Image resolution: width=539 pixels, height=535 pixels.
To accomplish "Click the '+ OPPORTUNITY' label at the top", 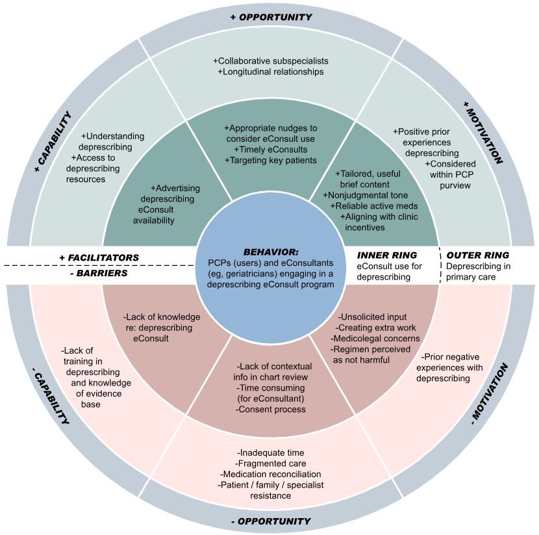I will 271,17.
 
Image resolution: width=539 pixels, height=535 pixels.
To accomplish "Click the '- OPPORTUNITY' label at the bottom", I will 270,521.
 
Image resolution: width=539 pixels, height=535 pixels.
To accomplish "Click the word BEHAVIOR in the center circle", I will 269,251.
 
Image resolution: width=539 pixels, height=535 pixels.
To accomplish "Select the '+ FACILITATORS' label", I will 99,257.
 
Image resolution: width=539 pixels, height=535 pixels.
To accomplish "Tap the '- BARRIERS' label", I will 98,273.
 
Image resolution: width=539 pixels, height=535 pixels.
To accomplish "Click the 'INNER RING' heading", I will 387,255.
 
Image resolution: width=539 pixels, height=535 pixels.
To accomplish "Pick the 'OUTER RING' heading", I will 478,255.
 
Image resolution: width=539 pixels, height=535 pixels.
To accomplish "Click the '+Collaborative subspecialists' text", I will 270,60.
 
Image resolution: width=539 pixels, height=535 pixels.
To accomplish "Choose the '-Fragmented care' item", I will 269,463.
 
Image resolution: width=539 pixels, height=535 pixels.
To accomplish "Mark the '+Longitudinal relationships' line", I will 271,72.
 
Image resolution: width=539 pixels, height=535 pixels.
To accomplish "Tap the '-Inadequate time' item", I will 270,452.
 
